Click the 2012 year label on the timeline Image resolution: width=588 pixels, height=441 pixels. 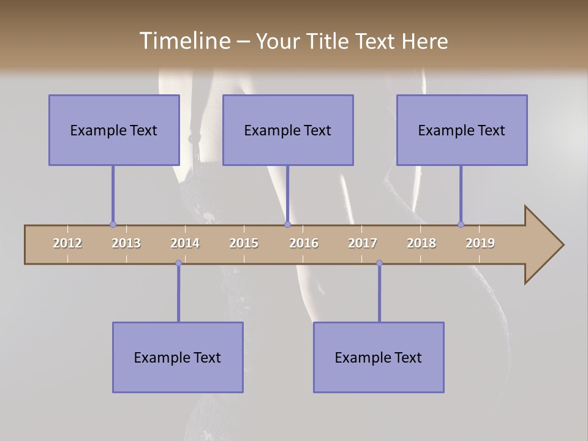coord(67,243)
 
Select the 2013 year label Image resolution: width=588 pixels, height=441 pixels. coord(126,243)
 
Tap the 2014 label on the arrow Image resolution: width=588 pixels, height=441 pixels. coord(185,243)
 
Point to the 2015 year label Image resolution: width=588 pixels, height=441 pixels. coord(244,243)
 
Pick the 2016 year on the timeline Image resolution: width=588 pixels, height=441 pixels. coord(304,243)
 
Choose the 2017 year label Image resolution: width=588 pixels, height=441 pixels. coord(363,243)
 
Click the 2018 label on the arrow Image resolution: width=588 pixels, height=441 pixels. coord(421,243)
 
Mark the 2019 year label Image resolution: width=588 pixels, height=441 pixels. coord(480,243)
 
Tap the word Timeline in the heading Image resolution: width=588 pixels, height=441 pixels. coord(184,41)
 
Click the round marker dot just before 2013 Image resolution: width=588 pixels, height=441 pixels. coord(113,225)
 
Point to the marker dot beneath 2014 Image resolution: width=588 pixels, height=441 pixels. coord(178,263)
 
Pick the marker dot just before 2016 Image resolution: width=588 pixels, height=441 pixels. coord(287,225)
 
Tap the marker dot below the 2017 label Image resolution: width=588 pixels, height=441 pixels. coord(379,263)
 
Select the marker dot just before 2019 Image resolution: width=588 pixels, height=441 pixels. coord(461,225)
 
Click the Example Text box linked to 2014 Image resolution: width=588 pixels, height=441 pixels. coord(178,357)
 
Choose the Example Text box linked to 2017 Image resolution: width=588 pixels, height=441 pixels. coord(379,357)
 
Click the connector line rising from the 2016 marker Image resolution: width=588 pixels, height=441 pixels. coord(287,195)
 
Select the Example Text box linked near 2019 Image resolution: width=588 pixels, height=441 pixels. coord(462,130)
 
